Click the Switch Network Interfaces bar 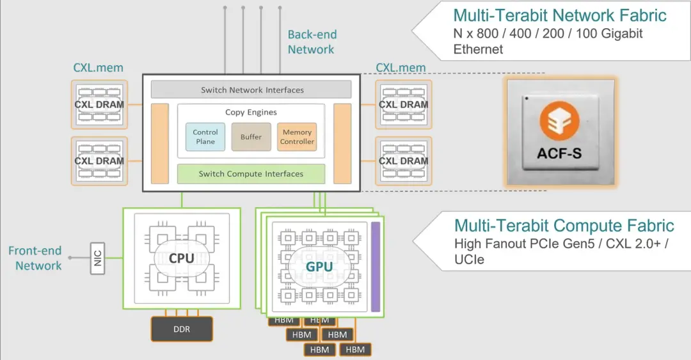coord(251,90)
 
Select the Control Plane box coord(205,137)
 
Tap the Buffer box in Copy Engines coord(251,137)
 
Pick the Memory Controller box coord(297,137)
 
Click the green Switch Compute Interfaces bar coord(251,174)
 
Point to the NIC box coord(97,258)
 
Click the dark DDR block coord(182,329)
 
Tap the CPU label coord(182,258)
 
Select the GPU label coord(319,267)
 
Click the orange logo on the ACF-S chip coord(559,120)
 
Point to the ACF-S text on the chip coord(559,153)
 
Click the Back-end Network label coord(312,42)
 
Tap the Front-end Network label coord(35,258)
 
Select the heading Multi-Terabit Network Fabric coord(560,15)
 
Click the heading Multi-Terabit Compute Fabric coord(564,226)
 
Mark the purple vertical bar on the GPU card coord(376,267)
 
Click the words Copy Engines coord(251,112)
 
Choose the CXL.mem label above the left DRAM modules coord(99,67)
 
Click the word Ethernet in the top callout coord(478,49)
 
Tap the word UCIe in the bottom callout coord(470,260)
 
